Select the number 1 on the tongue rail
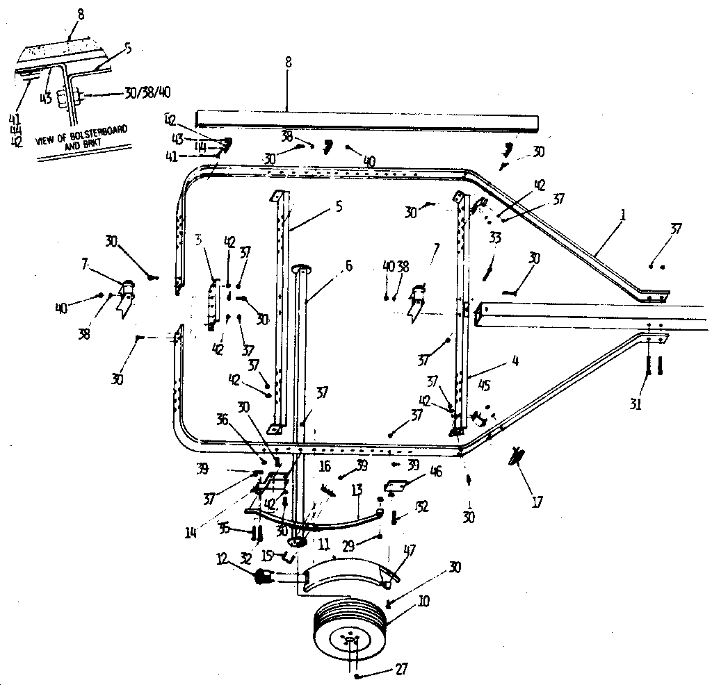[623, 216]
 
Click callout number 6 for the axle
[348, 265]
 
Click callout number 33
[494, 238]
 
